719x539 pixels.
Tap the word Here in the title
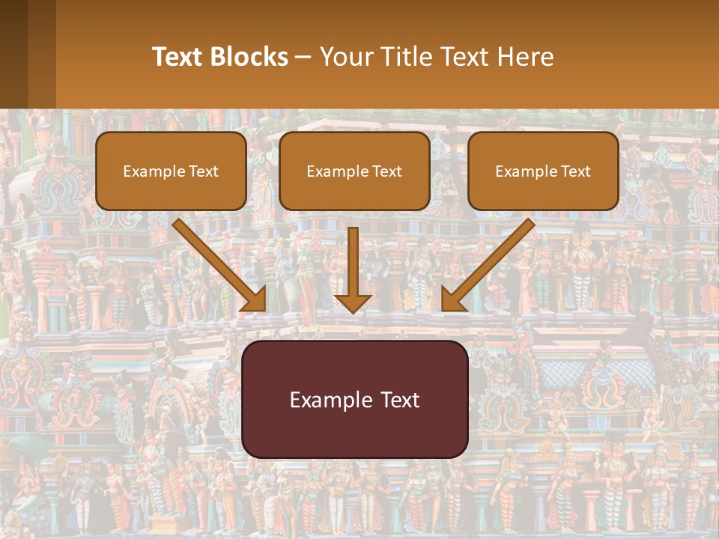pos(525,57)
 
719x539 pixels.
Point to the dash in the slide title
pos(304,58)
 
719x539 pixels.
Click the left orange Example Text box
pos(171,171)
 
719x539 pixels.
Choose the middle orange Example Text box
pos(354,171)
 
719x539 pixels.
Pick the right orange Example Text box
pos(543,171)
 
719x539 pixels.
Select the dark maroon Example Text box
pos(354,399)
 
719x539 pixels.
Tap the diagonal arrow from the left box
pos(217,262)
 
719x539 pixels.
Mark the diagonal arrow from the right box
pos(491,262)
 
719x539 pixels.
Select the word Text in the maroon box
pos(400,399)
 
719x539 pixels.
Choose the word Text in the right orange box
pos(576,171)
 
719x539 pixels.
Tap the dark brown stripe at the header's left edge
pos(13,54)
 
